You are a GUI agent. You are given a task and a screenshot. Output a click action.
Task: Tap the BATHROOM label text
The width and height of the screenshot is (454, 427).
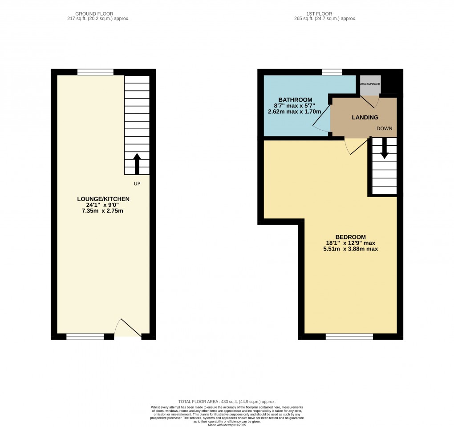(295, 99)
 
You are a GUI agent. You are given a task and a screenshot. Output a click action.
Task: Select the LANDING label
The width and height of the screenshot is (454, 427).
(365, 118)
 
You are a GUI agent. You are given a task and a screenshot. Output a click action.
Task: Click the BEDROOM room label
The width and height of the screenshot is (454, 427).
(350, 237)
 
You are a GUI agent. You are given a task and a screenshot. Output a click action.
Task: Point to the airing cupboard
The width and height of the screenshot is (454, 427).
(370, 84)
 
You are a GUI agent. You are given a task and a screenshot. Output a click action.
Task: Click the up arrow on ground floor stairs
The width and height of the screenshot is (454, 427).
(137, 164)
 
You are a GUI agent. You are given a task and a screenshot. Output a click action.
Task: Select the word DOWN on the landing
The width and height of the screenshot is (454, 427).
(384, 128)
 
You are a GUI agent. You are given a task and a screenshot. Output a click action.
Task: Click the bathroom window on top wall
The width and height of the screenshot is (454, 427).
(332, 72)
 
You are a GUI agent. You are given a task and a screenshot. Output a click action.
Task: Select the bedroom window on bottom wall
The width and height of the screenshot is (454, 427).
(349, 337)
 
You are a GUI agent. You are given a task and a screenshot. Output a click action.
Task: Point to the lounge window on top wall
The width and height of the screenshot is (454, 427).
(95, 72)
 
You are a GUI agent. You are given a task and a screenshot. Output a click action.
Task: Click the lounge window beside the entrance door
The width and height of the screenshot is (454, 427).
(85, 337)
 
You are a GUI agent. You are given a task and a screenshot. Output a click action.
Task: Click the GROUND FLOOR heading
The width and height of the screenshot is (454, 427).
(97, 14)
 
